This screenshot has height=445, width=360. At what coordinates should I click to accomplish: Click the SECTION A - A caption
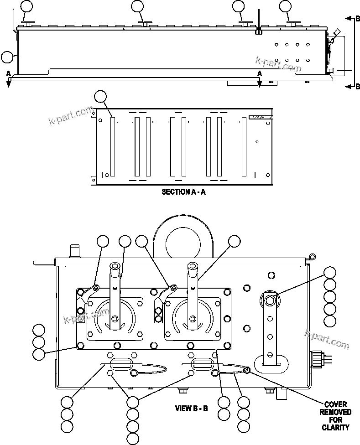click(x=183, y=192)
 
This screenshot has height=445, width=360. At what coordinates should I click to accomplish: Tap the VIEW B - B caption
click(x=192, y=408)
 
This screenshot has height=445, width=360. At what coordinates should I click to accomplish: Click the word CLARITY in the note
click(x=335, y=427)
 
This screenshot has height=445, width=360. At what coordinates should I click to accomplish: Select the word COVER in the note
click(x=335, y=404)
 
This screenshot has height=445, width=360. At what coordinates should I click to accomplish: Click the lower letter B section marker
click(x=358, y=87)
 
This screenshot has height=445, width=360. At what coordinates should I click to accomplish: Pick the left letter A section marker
click(x=8, y=73)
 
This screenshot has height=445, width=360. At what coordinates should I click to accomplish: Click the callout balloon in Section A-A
click(x=100, y=97)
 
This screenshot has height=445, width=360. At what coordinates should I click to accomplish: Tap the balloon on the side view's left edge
click(x=7, y=57)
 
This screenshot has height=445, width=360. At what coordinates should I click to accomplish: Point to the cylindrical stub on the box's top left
click(x=73, y=251)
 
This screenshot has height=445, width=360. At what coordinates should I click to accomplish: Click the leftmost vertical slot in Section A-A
click(x=113, y=147)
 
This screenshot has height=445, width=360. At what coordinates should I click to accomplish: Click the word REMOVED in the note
click(x=335, y=412)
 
